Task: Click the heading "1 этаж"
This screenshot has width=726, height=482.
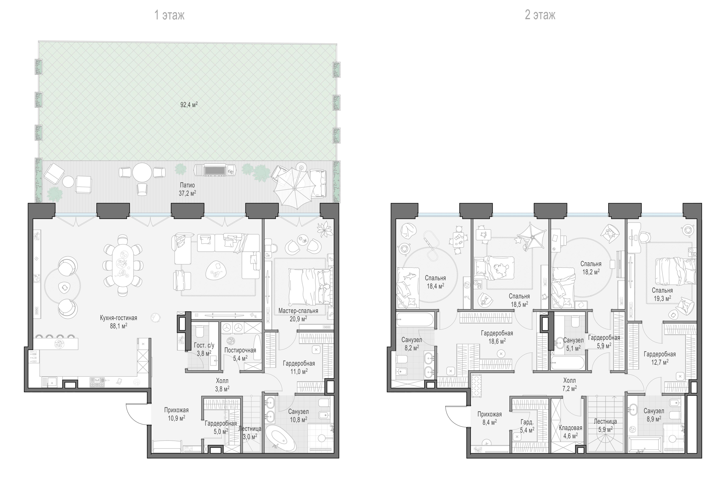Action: (x=169, y=15)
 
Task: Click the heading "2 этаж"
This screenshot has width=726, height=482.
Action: (x=540, y=15)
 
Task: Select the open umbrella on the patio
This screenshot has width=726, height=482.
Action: (x=294, y=188)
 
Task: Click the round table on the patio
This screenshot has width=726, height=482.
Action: (x=142, y=172)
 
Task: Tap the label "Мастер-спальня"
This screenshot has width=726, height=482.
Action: (x=298, y=311)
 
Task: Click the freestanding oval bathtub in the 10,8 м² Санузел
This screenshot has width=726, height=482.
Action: (x=281, y=438)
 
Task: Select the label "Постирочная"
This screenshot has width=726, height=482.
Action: (x=240, y=350)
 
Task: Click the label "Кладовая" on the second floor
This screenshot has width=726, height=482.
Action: (x=570, y=428)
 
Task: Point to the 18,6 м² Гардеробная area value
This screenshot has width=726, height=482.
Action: (x=497, y=341)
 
